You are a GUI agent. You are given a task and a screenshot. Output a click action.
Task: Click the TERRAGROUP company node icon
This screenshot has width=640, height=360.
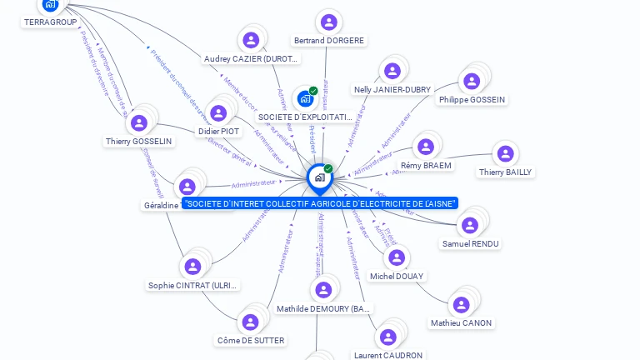point(50,4)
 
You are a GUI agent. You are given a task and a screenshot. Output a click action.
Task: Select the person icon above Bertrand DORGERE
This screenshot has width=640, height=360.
point(328,22)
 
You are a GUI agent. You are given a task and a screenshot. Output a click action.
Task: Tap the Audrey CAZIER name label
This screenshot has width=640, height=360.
point(252,58)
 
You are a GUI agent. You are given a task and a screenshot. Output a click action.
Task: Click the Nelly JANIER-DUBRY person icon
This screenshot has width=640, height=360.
point(391,72)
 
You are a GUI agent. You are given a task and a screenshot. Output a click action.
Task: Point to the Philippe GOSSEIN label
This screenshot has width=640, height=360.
point(471,100)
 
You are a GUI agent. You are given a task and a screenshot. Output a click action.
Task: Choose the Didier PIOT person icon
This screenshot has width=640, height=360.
point(218,113)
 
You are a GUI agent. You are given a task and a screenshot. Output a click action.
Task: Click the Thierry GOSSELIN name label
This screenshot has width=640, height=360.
point(139,142)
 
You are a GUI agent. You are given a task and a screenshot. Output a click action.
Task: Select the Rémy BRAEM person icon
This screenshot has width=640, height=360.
point(426,147)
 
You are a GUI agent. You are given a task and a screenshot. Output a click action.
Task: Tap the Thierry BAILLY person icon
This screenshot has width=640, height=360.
point(505,154)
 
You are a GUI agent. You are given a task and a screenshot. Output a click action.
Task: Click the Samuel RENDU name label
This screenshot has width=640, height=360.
point(471,244)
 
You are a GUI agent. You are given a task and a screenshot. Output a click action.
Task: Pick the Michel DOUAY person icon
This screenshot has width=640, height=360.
point(397,258)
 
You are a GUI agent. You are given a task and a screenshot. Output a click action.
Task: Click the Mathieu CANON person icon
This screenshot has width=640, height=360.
point(460,306)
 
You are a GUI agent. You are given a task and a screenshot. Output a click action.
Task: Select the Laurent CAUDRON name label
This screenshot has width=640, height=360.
point(387,355)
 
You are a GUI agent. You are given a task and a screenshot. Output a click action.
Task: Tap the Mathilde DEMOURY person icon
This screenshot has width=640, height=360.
point(323,290)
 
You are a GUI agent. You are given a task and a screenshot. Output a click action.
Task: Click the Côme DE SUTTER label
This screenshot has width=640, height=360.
point(251,340)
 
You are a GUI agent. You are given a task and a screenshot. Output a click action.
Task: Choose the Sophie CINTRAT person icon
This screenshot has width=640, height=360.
point(192,267)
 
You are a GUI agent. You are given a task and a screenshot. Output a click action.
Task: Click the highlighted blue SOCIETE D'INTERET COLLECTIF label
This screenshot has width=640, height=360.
point(320,203)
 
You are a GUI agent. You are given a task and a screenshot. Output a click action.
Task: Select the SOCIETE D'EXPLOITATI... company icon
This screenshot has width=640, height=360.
point(305,99)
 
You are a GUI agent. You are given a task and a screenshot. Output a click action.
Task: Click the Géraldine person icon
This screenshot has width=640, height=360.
point(187,187)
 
